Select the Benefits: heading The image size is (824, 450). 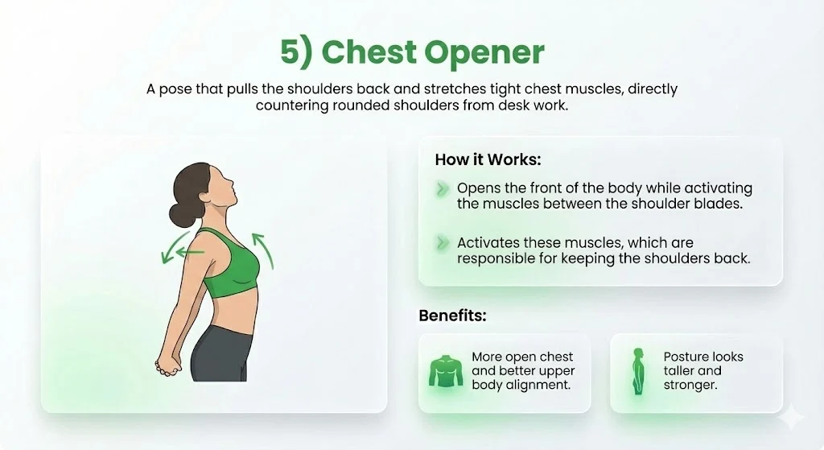(453, 315)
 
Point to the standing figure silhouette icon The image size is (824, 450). (638, 372)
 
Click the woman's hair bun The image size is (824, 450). (179, 216)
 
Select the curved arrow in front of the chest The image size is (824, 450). (264, 250)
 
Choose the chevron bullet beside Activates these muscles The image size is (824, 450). (441, 242)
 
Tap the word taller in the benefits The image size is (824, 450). (682, 371)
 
